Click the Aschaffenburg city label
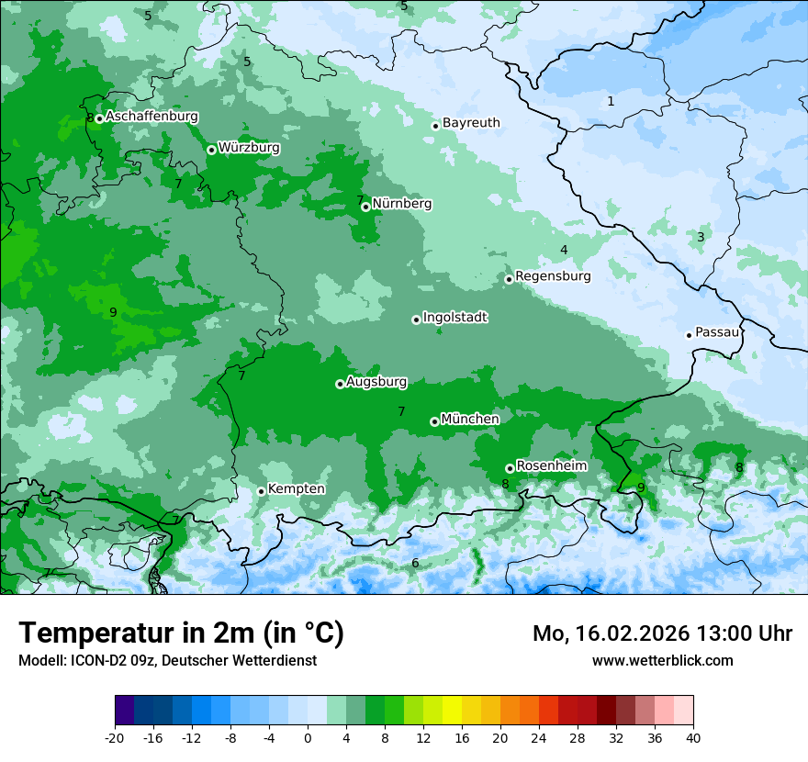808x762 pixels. tap(151, 117)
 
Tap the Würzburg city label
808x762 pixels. tap(249, 148)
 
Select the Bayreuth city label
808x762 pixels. tap(471, 123)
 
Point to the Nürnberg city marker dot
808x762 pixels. tap(365, 207)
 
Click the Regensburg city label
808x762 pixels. tap(553, 276)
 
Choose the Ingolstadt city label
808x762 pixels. tap(454, 318)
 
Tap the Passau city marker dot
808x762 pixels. tap(689, 335)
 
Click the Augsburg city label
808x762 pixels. tap(376, 382)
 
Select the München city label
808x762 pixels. tap(470, 420)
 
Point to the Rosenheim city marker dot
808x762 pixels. tap(510, 468)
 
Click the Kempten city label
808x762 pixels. tap(296, 489)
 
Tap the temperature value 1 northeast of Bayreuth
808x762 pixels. tap(611, 101)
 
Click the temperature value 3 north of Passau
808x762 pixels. tap(701, 237)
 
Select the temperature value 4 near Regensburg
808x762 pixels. tap(564, 250)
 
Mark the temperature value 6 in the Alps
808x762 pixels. tap(415, 563)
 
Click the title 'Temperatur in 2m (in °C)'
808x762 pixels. tap(181, 633)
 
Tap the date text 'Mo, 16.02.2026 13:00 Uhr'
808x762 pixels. tap(662, 633)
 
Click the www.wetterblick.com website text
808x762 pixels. tap(662, 660)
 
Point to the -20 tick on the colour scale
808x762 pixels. tap(115, 737)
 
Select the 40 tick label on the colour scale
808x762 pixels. tap(693, 737)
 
